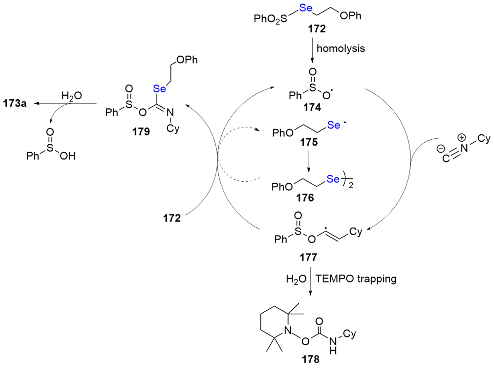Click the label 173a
coord(15,103)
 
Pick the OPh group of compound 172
coord(351,17)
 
